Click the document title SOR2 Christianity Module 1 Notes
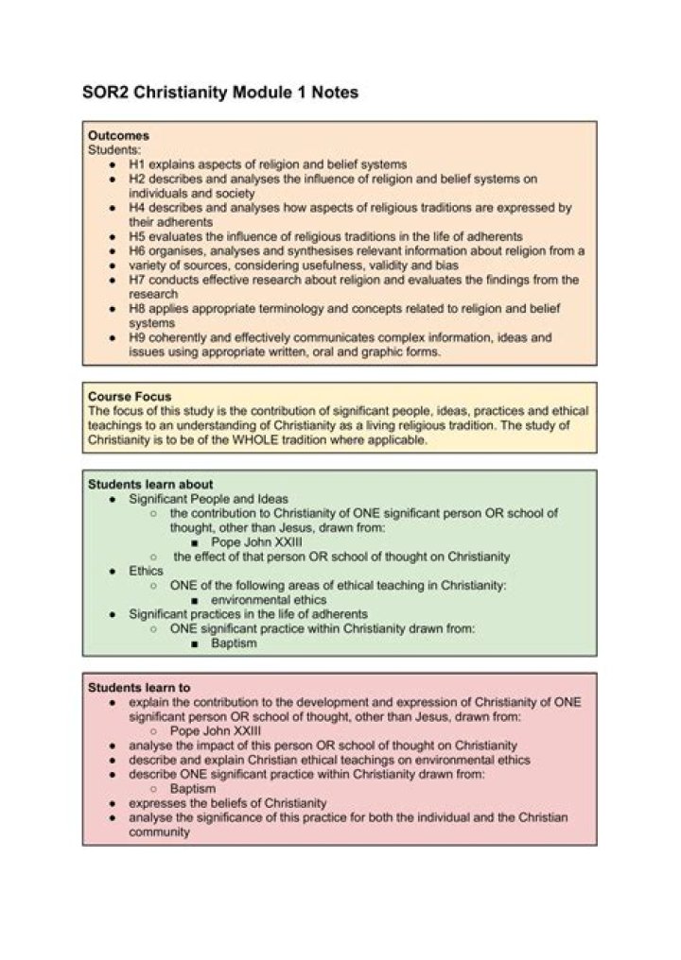point(219,93)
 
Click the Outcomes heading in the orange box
point(118,135)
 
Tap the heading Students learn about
point(150,484)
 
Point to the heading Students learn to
point(139,687)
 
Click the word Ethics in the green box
point(147,571)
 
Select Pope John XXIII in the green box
point(250,542)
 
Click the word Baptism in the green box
point(234,643)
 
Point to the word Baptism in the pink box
point(193,788)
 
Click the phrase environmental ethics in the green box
point(269,600)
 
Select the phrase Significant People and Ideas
point(209,498)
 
